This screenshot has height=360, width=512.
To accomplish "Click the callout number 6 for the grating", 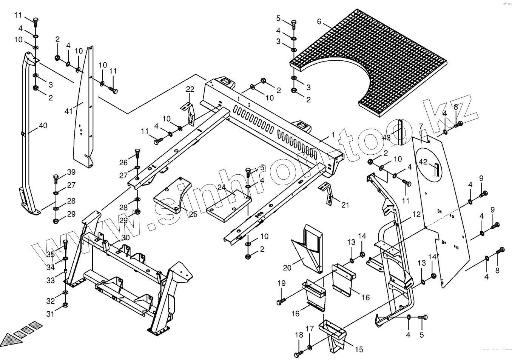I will click(319, 22).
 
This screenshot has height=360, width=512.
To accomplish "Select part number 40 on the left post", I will click(43, 125).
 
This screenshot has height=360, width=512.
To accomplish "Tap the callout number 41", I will click(68, 111).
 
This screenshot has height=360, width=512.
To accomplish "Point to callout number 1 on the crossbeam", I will click(333, 135).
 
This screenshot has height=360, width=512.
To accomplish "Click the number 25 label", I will click(193, 215).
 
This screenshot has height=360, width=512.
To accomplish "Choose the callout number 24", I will click(221, 188).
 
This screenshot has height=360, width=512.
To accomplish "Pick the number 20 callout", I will click(287, 268).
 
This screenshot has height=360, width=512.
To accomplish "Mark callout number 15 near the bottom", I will click(359, 349).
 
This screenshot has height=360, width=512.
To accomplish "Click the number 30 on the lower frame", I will click(125, 238).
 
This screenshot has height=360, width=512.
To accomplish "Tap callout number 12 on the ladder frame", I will click(416, 214).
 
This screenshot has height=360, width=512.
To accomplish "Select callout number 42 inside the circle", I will click(423, 162).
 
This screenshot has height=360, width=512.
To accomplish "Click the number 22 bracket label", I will click(190, 89).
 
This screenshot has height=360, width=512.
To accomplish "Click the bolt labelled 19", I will click(281, 302).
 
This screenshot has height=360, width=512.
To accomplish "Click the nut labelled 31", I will click(64, 305).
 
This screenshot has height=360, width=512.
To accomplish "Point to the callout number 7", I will click(420, 126).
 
